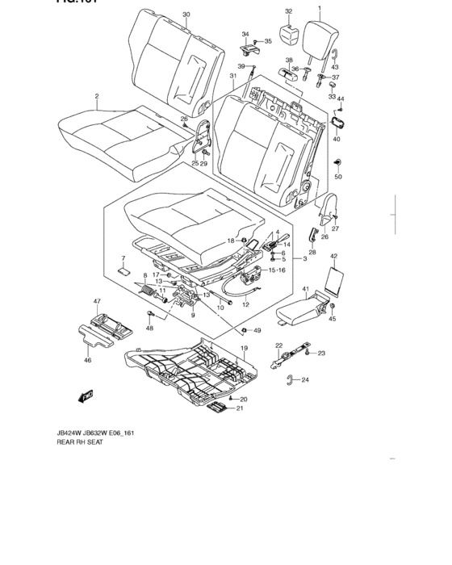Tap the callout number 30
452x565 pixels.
pos(186,15)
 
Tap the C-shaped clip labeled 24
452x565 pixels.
pos(295,379)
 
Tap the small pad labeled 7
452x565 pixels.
pos(123,272)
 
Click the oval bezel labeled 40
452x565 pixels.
pos(338,123)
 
